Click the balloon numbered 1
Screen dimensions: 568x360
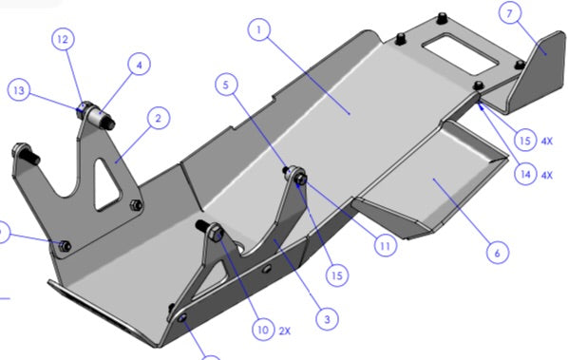click(x=259, y=29)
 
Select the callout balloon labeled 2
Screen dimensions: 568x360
click(x=159, y=118)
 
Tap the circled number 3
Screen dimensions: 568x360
click(x=327, y=319)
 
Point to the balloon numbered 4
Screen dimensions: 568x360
click(x=139, y=64)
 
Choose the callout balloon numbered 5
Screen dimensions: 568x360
click(x=226, y=85)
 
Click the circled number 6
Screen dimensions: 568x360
click(x=498, y=253)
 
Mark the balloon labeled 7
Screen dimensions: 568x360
click(x=510, y=13)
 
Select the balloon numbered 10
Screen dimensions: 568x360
click(x=263, y=330)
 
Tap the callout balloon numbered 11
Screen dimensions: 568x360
click(x=386, y=246)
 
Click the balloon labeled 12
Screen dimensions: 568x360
click(x=63, y=39)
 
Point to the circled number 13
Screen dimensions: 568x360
click(x=19, y=90)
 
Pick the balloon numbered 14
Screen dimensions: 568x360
click(x=525, y=175)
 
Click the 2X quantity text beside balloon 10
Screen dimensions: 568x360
click(x=285, y=331)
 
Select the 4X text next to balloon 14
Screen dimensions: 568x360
click(x=547, y=176)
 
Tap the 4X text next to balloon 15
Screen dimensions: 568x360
click(x=547, y=141)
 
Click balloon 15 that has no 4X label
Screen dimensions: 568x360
click(x=337, y=275)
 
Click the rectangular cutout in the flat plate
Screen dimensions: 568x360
click(x=460, y=53)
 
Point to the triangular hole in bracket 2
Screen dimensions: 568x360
click(x=106, y=184)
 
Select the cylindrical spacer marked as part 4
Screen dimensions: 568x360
click(x=98, y=117)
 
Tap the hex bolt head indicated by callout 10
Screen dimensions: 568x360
click(x=216, y=233)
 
